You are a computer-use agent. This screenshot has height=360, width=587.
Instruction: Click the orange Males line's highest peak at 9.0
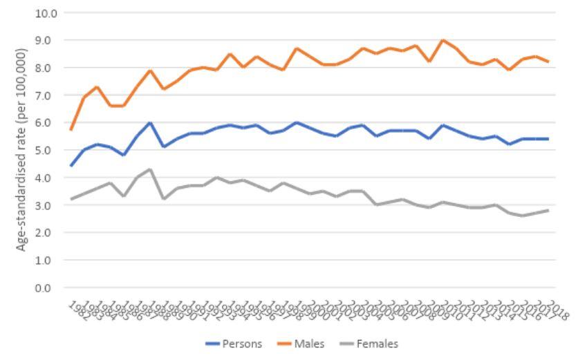(x=442, y=41)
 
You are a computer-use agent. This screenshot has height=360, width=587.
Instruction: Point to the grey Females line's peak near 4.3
(x=149, y=170)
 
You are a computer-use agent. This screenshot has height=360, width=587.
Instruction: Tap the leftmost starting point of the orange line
(x=71, y=130)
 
